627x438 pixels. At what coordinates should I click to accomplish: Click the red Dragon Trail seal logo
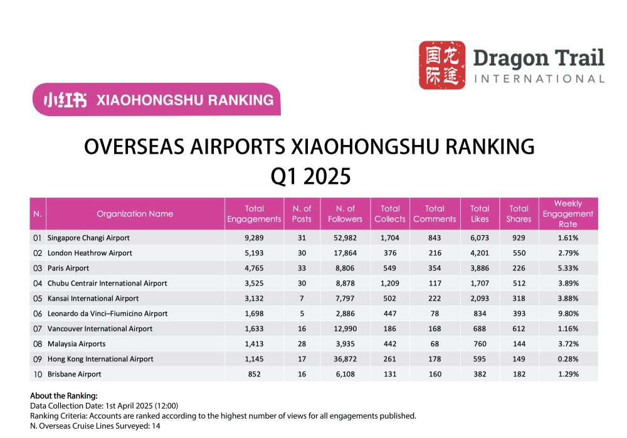[x=442, y=65]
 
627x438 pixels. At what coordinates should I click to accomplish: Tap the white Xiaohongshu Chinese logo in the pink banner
[x=65, y=100]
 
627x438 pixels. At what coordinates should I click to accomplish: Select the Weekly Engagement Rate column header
[x=567, y=213]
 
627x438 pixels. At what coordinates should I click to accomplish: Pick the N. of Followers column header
[x=345, y=213]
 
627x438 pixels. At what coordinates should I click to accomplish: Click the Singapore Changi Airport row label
[x=88, y=238]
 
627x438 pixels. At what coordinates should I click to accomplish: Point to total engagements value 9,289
[x=254, y=238]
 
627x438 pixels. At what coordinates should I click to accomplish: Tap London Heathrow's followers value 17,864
[x=345, y=253]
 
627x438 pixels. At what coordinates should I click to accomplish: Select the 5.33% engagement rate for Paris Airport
[x=567, y=268]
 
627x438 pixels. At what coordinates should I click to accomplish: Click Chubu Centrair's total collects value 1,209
[x=390, y=283]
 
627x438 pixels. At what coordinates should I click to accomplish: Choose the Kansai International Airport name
[x=93, y=298]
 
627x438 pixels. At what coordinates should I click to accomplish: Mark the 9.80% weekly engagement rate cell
[x=567, y=313]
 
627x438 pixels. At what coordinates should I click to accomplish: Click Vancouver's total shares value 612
[x=519, y=328]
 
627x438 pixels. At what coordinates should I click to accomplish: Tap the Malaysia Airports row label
[x=76, y=344]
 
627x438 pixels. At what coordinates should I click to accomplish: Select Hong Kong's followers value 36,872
[x=345, y=359]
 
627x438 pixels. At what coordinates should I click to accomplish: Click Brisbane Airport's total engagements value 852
[x=254, y=374]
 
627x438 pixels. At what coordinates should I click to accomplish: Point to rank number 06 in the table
[x=37, y=313]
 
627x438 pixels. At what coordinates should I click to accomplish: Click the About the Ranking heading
[x=64, y=396]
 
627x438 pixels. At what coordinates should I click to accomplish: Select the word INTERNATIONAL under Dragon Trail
[x=539, y=79]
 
